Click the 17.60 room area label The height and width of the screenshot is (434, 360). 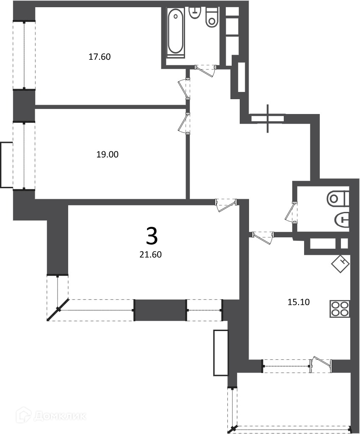click(x=100, y=57)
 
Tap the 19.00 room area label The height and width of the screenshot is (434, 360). click(x=107, y=154)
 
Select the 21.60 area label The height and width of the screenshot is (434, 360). click(x=150, y=254)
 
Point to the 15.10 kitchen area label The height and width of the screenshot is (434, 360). click(x=299, y=302)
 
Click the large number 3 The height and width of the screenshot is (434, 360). click(x=152, y=236)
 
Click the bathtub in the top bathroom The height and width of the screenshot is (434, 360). click(x=175, y=33)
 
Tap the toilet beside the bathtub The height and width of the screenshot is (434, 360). click(x=211, y=17)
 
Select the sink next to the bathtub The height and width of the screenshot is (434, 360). click(x=195, y=13)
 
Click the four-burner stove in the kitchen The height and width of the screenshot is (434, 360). click(x=340, y=309)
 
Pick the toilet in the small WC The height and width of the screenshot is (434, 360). click(x=338, y=198)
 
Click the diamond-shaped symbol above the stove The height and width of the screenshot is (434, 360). click(x=341, y=263)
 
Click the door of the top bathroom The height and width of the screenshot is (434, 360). click(x=206, y=70)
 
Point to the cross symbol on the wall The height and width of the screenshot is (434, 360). click(x=268, y=119)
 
